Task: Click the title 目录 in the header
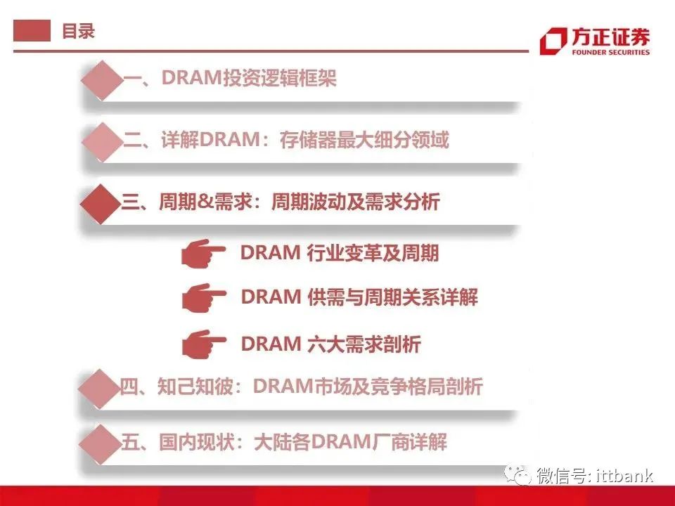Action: (x=78, y=31)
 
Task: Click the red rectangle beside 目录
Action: (x=32, y=30)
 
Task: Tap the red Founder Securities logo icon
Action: (x=553, y=41)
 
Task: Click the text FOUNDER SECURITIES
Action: (x=610, y=52)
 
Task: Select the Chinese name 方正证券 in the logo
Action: (x=610, y=37)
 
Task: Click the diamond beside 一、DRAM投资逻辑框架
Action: (x=102, y=80)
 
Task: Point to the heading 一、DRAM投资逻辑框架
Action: (x=229, y=78)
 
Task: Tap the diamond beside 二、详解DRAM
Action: (x=102, y=142)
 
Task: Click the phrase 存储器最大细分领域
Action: (x=364, y=139)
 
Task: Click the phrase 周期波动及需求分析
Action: (x=356, y=202)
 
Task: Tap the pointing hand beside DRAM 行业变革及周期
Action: (x=202, y=253)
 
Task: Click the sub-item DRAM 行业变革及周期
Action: (x=340, y=252)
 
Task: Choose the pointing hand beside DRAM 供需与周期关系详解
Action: (x=204, y=298)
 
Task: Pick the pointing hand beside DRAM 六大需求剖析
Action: (x=204, y=344)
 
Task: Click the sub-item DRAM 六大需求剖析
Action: (x=330, y=344)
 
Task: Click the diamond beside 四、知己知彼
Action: (x=99, y=389)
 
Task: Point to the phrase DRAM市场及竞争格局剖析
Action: (x=368, y=386)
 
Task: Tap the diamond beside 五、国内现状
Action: (x=99, y=444)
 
